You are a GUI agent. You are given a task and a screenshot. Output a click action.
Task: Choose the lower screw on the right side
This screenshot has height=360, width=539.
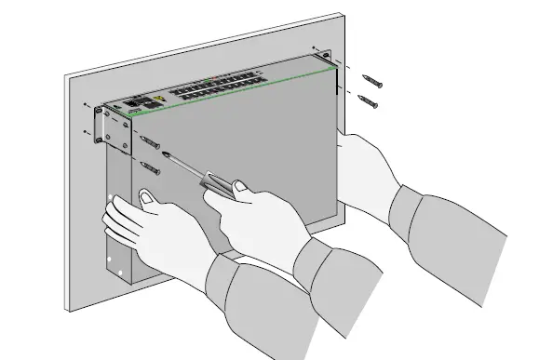coord(369,100)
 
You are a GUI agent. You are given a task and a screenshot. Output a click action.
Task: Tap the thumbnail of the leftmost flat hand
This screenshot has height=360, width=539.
coord(146,196)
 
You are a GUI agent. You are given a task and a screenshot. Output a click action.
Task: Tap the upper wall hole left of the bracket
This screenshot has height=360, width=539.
coord(86,104)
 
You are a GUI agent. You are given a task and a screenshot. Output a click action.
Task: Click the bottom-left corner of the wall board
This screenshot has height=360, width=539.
coord(66,310)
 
